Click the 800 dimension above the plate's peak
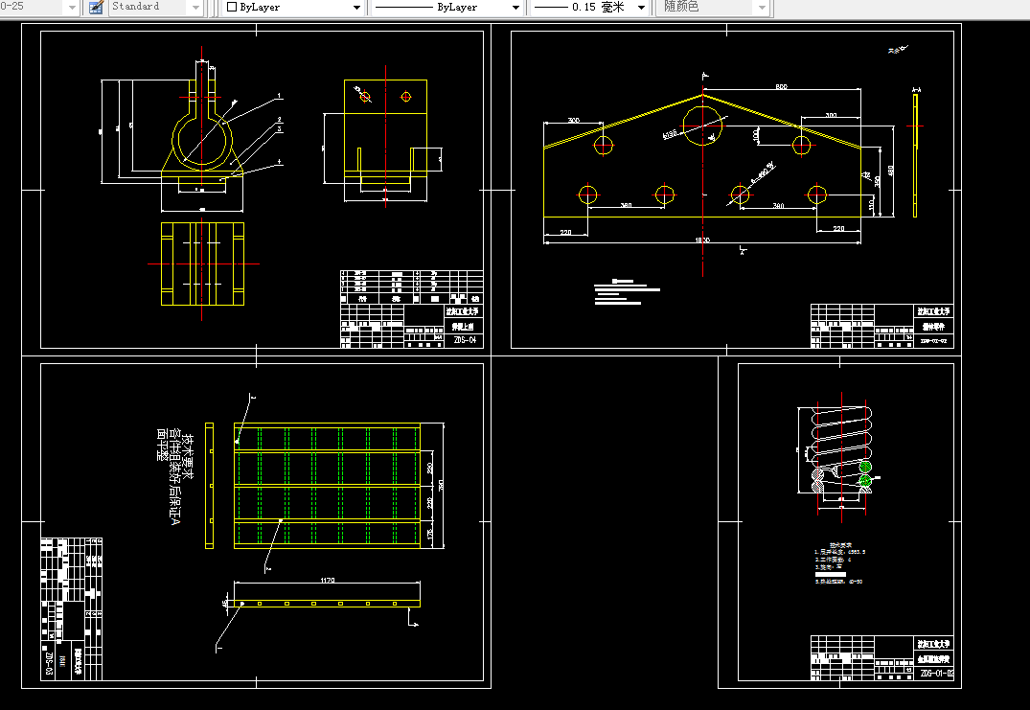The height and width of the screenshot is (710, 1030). coord(781,87)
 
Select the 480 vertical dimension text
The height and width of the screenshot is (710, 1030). coord(891,171)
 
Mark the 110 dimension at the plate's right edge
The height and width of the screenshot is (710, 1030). coord(871,204)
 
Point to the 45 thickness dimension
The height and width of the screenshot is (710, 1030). coord(225,603)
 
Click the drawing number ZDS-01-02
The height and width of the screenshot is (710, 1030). coord(937,674)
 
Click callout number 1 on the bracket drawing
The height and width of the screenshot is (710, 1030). coord(279,96)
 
